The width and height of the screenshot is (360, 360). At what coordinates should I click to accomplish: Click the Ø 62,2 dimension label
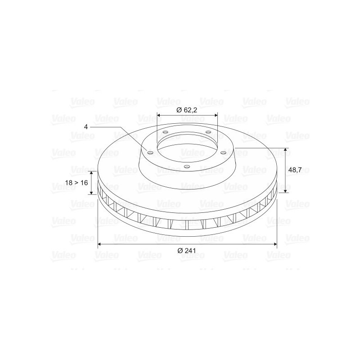click(x=187, y=110)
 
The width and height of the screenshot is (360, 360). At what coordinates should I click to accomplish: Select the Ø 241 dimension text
click(x=187, y=251)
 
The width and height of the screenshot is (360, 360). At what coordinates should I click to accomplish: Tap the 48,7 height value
click(x=295, y=170)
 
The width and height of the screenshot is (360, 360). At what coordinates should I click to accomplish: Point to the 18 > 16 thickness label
click(x=76, y=183)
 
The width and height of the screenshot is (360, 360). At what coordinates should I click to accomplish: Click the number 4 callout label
click(x=86, y=127)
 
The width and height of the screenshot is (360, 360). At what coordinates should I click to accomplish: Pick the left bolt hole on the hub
click(x=150, y=153)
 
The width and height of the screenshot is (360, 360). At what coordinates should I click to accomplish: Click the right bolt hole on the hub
click(x=223, y=153)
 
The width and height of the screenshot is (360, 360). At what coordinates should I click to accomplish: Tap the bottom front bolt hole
click(x=187, y=166)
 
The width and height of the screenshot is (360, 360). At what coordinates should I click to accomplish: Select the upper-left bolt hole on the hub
click(x=165, y=132)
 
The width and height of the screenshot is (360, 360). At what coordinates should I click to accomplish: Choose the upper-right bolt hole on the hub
click(x=208, y=132)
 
